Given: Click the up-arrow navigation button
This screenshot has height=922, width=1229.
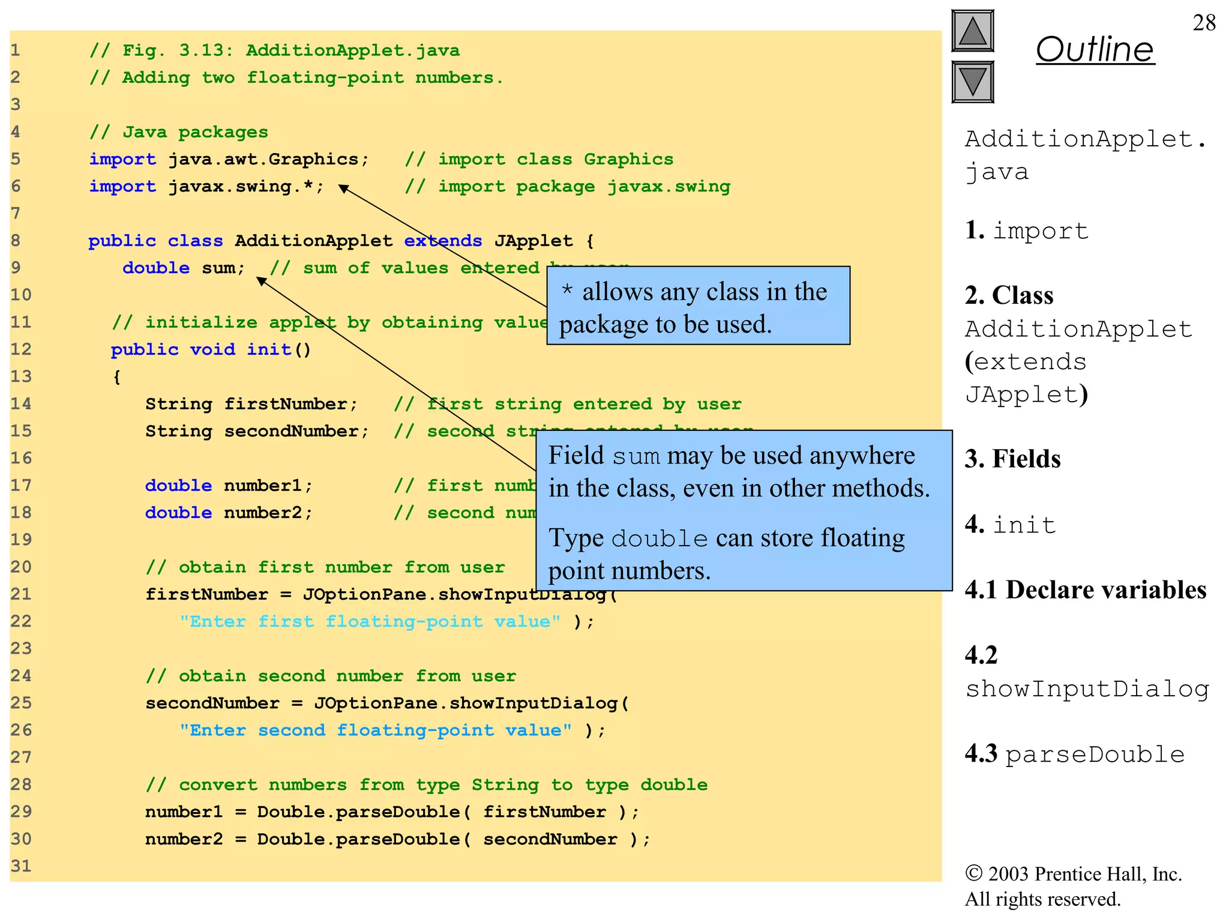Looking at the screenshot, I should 972,31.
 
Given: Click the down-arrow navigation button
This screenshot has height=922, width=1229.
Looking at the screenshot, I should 972,82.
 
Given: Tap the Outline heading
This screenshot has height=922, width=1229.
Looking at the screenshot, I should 1095,49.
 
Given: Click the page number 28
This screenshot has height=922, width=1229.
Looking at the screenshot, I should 1204,23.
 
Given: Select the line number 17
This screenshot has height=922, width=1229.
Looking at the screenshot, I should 21,485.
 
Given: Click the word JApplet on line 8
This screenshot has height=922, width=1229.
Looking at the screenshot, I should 533,241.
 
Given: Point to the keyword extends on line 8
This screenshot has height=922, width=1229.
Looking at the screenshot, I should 443,241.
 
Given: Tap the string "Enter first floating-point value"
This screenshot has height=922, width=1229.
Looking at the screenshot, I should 370,621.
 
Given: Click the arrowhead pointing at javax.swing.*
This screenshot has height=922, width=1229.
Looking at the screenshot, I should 344,188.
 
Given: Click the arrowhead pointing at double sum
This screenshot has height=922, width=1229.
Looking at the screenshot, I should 262,280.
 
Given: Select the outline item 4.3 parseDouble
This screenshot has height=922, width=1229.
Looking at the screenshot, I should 1074,754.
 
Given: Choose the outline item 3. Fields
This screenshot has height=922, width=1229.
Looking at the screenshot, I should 1012,459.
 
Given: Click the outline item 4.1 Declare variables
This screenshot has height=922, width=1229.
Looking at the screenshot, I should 1085,590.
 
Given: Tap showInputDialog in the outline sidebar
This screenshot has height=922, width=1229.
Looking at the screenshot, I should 1087,688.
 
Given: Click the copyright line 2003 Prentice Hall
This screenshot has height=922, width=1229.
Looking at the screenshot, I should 1073,874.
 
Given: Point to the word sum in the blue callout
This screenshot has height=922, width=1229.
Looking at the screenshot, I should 636,457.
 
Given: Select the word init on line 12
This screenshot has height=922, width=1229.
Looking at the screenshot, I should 269,349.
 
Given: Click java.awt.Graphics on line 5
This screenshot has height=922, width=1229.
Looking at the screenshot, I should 263,159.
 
